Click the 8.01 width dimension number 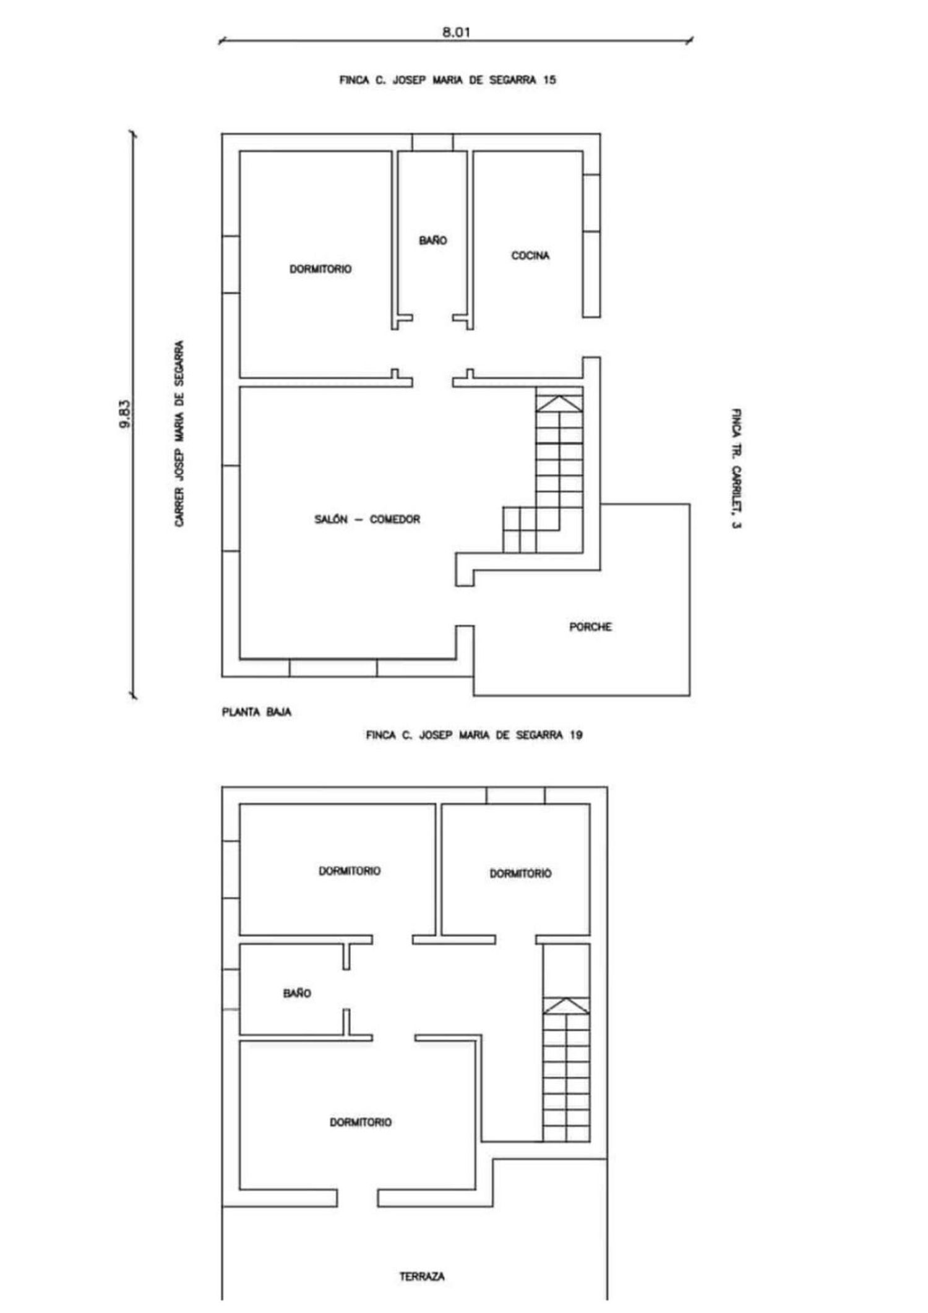[x=456, y=32]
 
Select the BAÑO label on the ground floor [x=433, y=241]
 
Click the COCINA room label [x=530, y=255]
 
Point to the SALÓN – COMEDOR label [x=367, y=520]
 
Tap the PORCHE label [x=591, y=627]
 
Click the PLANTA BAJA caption [x=257, y=712]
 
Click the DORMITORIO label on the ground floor [x=320, y=269]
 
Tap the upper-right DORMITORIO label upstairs [x=520, y=874]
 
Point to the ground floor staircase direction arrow [x=559, y=403]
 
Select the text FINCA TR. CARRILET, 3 [x=737, y=469]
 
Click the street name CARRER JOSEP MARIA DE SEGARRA [x=179, y=434]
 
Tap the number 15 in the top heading [x=549, y=80]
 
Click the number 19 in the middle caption [x=576, y=735]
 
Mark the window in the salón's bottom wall [x=333, y=668]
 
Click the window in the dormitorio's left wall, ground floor [x=231, y=264]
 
